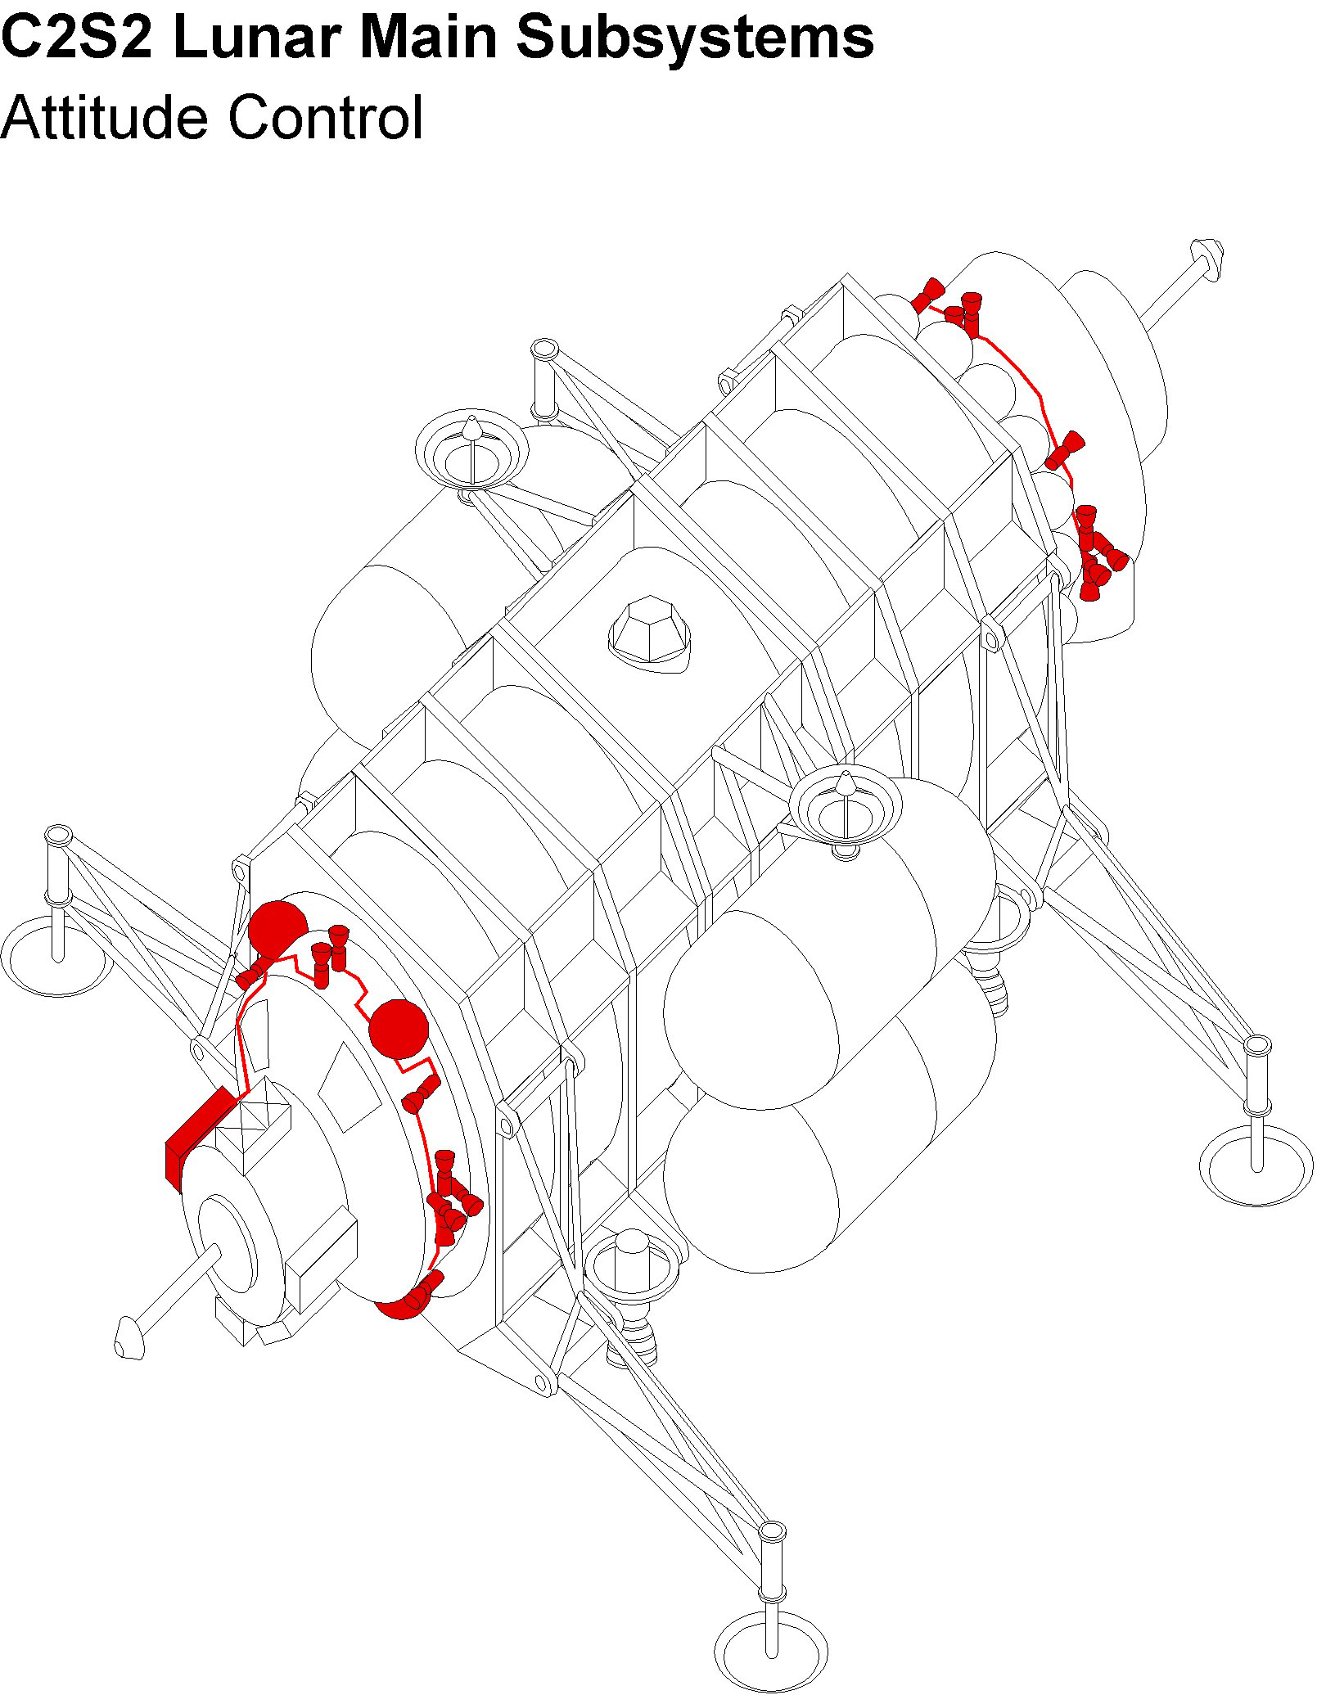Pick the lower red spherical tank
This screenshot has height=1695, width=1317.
[x=399, y=1028]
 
